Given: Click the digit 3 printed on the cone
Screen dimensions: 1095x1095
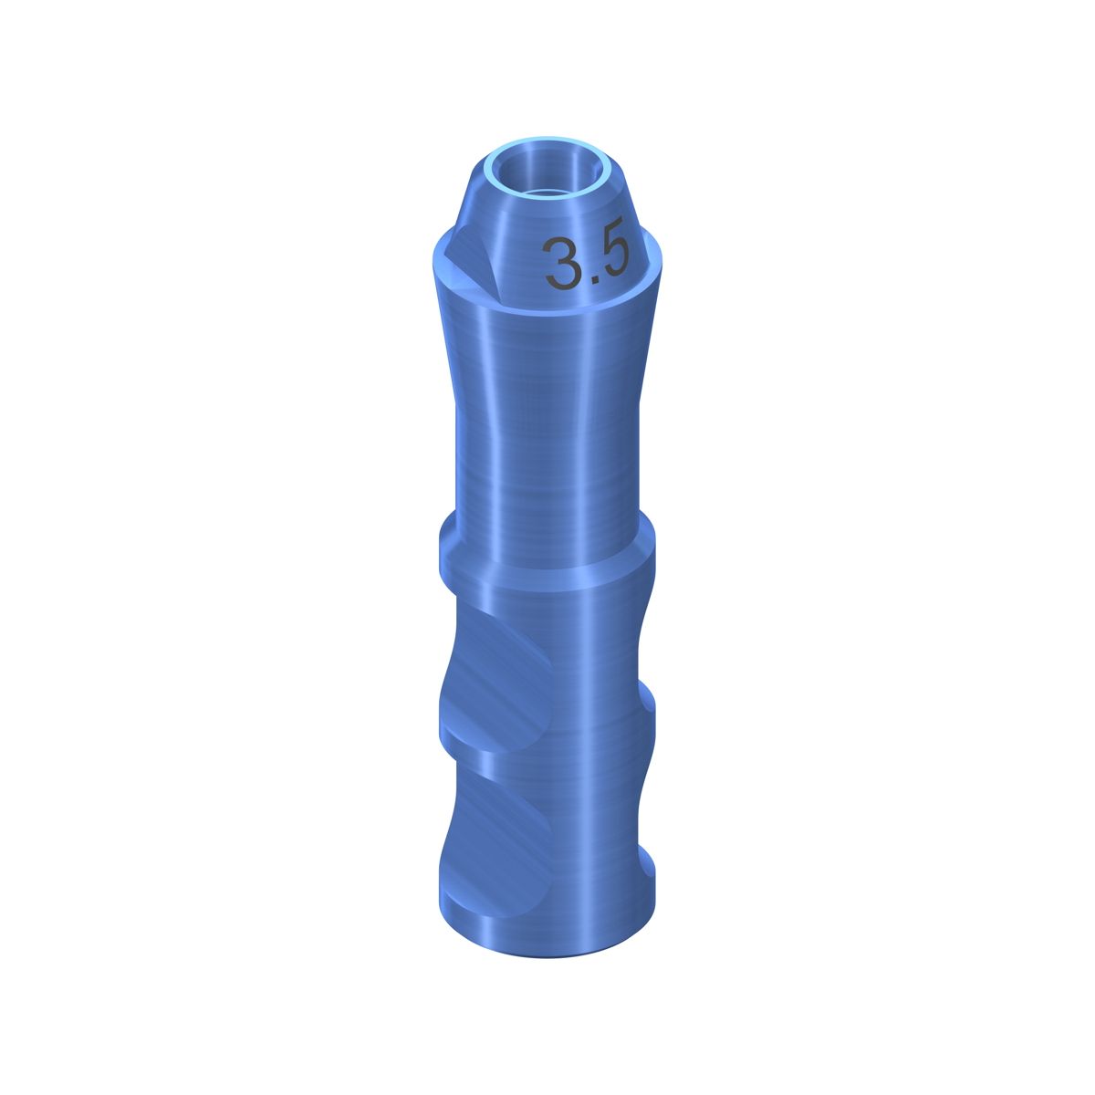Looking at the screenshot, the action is pos(561,263).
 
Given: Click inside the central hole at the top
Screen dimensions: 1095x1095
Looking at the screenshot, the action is pos(546,175).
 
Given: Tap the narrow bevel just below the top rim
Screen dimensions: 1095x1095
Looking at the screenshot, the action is pos(547,219).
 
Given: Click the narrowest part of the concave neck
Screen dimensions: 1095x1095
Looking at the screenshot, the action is pos(547,432).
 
